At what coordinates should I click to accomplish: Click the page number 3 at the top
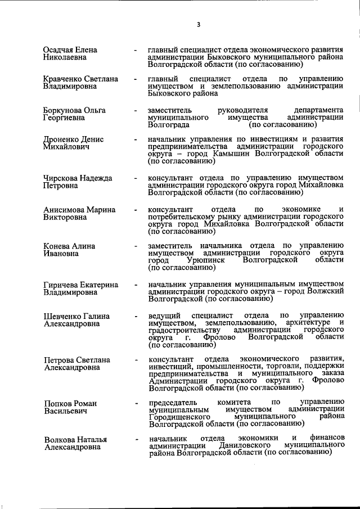click(x=198, y=24)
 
